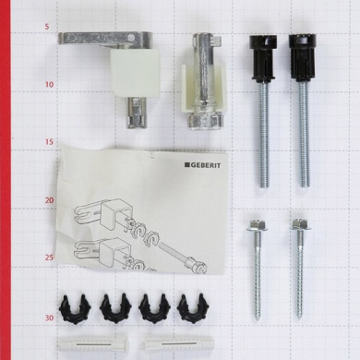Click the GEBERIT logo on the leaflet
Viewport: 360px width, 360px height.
pyautogui.click(x=202, y=165)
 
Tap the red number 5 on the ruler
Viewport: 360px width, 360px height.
pyautogui.click(x=46, y=27)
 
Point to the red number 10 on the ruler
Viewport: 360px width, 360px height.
pyautogui.click(x=49, y=84)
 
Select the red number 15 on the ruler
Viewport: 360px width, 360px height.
pyautogui.click(x=49, y=142)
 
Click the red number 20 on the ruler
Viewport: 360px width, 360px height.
pyautogui.click(x=49, y=200)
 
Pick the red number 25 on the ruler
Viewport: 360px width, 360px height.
pyautogui.click(x=49, y=258)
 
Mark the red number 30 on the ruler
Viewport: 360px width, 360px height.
pyautogui.click(x=49, y=318)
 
